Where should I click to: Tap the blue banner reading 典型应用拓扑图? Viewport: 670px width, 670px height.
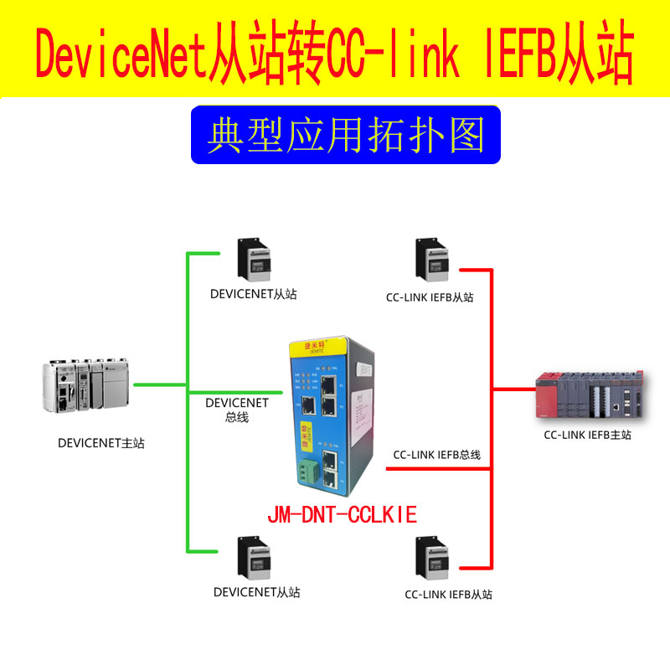point(345,135)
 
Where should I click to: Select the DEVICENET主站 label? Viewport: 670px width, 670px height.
point(100,443)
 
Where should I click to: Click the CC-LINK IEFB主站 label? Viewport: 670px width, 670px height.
point(587,435)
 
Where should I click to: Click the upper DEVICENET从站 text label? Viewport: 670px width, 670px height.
point(254,294)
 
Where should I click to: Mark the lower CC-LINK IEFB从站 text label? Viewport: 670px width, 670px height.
point(448,595)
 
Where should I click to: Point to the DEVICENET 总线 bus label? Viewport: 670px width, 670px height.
point(237,410)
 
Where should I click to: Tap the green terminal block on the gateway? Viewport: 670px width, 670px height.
point(306,473)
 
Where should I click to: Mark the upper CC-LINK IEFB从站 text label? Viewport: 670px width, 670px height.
point(430,296)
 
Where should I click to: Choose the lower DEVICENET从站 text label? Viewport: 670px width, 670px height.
point(256,592)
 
